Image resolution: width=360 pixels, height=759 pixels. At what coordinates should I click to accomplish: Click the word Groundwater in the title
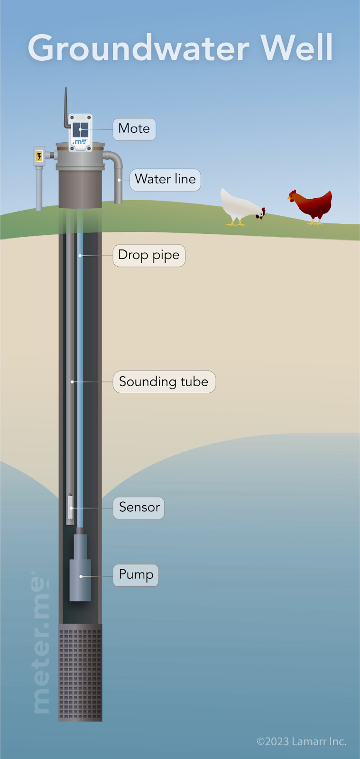pos(138,48)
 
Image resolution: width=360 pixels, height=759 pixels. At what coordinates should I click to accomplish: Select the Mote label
pos(134,129)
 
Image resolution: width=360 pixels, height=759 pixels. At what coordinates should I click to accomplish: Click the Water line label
pos(165,179)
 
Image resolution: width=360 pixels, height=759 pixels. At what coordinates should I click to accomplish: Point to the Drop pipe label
pos(149,255)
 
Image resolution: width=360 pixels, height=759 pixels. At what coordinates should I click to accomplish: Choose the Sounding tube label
pos(164,382)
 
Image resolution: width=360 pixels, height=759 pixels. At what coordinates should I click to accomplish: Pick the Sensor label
pos(139,508)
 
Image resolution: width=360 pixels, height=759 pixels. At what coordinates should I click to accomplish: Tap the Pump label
pos(136,575)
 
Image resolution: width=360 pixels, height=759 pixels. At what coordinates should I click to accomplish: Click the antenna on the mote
pos(66,108)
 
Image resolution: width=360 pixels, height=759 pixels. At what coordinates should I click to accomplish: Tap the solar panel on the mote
pos(80,130)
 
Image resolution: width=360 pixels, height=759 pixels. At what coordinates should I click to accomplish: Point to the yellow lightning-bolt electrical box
pos(39,156)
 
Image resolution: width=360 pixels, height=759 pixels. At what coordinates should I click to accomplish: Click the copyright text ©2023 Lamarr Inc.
pos(301,741)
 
